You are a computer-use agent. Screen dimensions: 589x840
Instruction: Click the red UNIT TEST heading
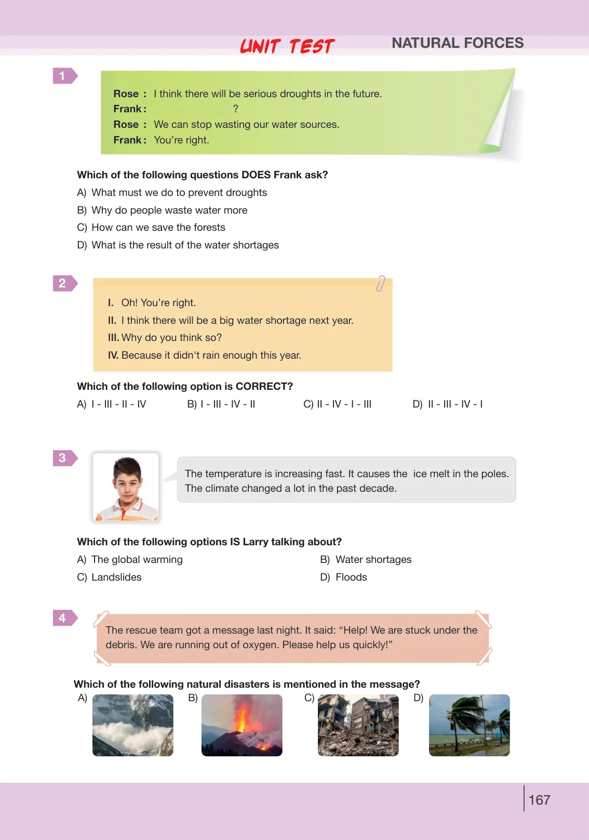[287, 46]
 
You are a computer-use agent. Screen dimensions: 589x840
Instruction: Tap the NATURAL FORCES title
[458, 43]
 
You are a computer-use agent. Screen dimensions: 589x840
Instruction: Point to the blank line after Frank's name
[192, 111]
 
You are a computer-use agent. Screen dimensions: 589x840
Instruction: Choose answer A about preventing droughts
[172, 192]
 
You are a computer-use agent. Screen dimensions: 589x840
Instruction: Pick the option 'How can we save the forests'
[158, 227]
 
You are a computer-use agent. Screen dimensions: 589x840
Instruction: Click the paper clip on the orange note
[380, 283]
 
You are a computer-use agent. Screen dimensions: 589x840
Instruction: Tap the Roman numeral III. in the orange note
[113, 337]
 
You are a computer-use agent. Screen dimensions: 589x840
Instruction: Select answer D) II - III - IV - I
[448, 404]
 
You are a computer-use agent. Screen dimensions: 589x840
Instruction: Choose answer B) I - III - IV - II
[221, 404]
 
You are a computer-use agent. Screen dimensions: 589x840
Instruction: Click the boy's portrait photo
[126, 487]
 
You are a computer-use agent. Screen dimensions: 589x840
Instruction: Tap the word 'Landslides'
[116, 577]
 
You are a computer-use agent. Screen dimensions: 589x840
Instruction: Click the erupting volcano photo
[242, 725]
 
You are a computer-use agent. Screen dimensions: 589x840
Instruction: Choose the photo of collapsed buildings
[358, 725]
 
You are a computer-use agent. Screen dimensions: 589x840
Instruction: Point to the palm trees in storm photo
[469, 725]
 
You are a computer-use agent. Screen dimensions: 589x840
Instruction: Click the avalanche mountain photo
[132, 725]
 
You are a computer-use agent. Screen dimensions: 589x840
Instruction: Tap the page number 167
[539, 800]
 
